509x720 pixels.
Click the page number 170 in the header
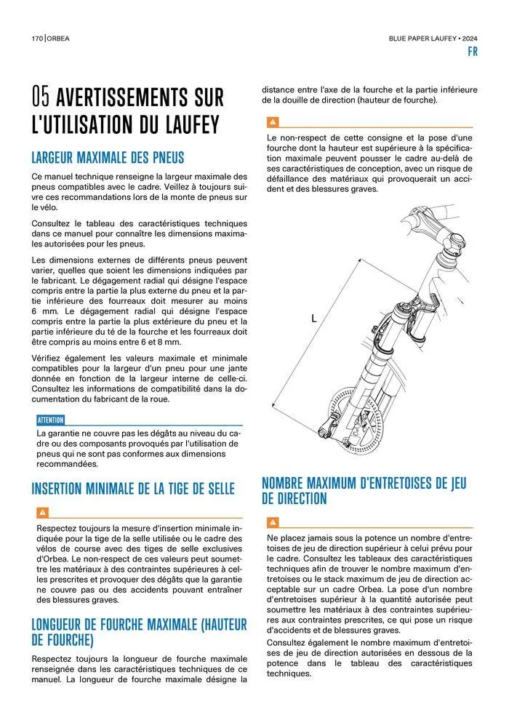tap(37, 38)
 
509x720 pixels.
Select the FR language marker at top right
tap(472, 52)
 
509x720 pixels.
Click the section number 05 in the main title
tap(41, 97)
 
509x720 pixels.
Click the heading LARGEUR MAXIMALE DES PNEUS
tap(108, 157)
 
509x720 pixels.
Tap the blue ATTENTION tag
tap(50, 420)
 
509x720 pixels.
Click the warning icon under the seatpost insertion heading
tap(42, 512)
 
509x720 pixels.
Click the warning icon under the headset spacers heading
tap(273, 521)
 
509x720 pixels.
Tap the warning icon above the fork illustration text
tap(273, 122)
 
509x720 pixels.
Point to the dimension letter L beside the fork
tap(313, 318)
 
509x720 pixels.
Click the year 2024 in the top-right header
tap(469, 38)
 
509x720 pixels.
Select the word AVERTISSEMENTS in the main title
tap(140, 97)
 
